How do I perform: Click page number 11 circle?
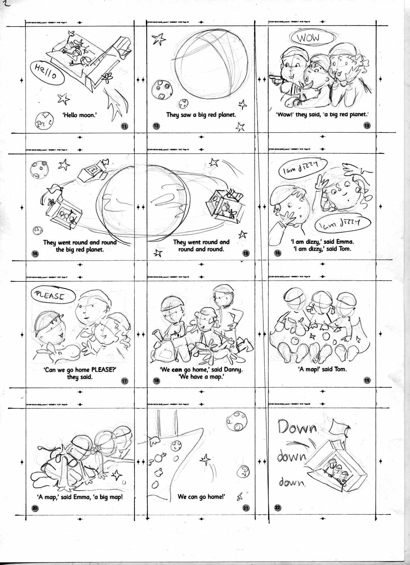[124, 127]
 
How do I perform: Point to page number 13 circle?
[367, 126]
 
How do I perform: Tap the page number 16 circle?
[278, 253]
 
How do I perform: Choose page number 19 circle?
[367, 380]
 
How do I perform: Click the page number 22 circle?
[278, 508]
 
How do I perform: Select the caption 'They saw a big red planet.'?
[201, 115]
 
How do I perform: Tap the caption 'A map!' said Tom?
[323, 369]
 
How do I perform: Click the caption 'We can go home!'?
[201, 497]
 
